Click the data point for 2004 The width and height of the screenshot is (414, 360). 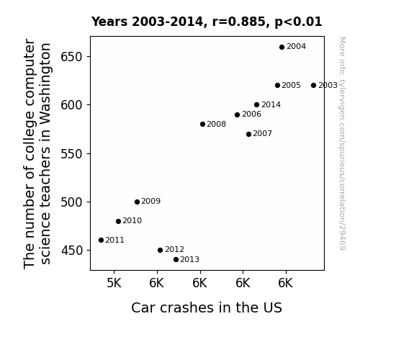(x=282, y=48)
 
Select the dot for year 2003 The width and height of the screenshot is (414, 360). (x=313, y=85)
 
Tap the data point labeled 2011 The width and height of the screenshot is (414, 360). (x=101, y=240)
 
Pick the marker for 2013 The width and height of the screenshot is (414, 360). (x=176, y=260)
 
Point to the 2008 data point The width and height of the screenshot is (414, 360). (x=202, y=124)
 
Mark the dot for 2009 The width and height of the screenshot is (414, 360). (x=137, y=202)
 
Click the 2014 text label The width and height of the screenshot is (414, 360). (x=271, y=105)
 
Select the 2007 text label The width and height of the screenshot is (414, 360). (x=263, y=134)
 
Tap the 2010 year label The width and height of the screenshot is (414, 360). (x=132, y=220)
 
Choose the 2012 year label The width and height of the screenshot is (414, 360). (x=174, y=249)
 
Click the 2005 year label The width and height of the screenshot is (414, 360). (x=291, y=85)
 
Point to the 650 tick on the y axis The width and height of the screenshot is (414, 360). (x=72, y=57)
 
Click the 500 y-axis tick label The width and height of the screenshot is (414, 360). (x=72, y=202)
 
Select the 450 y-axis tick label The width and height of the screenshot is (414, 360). (x=72, y=251)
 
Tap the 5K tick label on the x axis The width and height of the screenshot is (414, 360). (x=114, y=283)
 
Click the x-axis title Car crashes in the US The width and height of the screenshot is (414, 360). (x=207, y=307)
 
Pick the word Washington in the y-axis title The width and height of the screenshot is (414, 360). (x=45, y=84)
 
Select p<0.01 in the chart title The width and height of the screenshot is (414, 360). (x=298, y=22)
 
